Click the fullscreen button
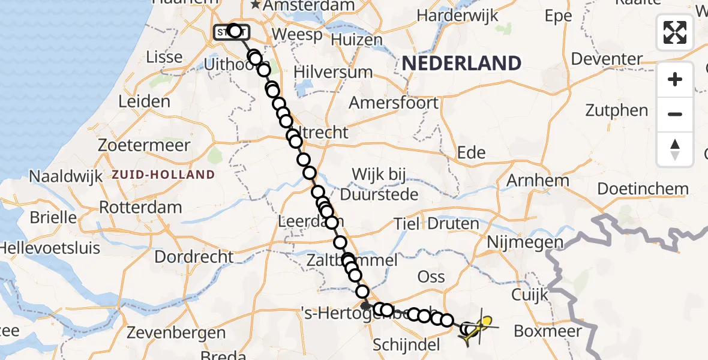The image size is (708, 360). [675, 32]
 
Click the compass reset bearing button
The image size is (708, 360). [675, 149]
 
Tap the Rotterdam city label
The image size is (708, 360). [140, 208]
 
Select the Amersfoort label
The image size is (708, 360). [394, 103]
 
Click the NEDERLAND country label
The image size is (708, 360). [461, 63]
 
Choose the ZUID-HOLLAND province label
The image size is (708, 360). [163, 175]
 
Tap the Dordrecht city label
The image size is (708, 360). [194, 257]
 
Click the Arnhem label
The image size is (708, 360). [538, 181]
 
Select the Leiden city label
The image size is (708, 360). [144, 101]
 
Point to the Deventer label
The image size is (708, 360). [607, 59]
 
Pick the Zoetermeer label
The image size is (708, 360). [146, 145]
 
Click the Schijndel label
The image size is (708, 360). [406, 345]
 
